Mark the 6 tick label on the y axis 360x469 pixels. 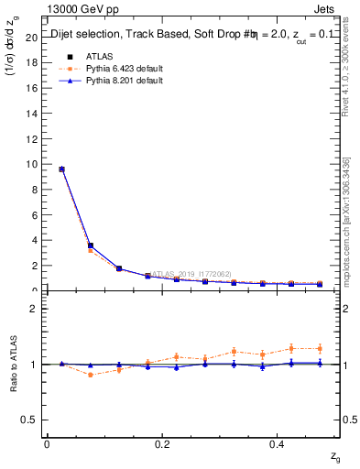coord(34,215)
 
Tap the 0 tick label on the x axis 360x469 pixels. coord(47,443)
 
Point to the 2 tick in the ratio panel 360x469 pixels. coord(34,309)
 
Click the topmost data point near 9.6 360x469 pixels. coord(61,169)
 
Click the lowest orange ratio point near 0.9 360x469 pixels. coord(90,375)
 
